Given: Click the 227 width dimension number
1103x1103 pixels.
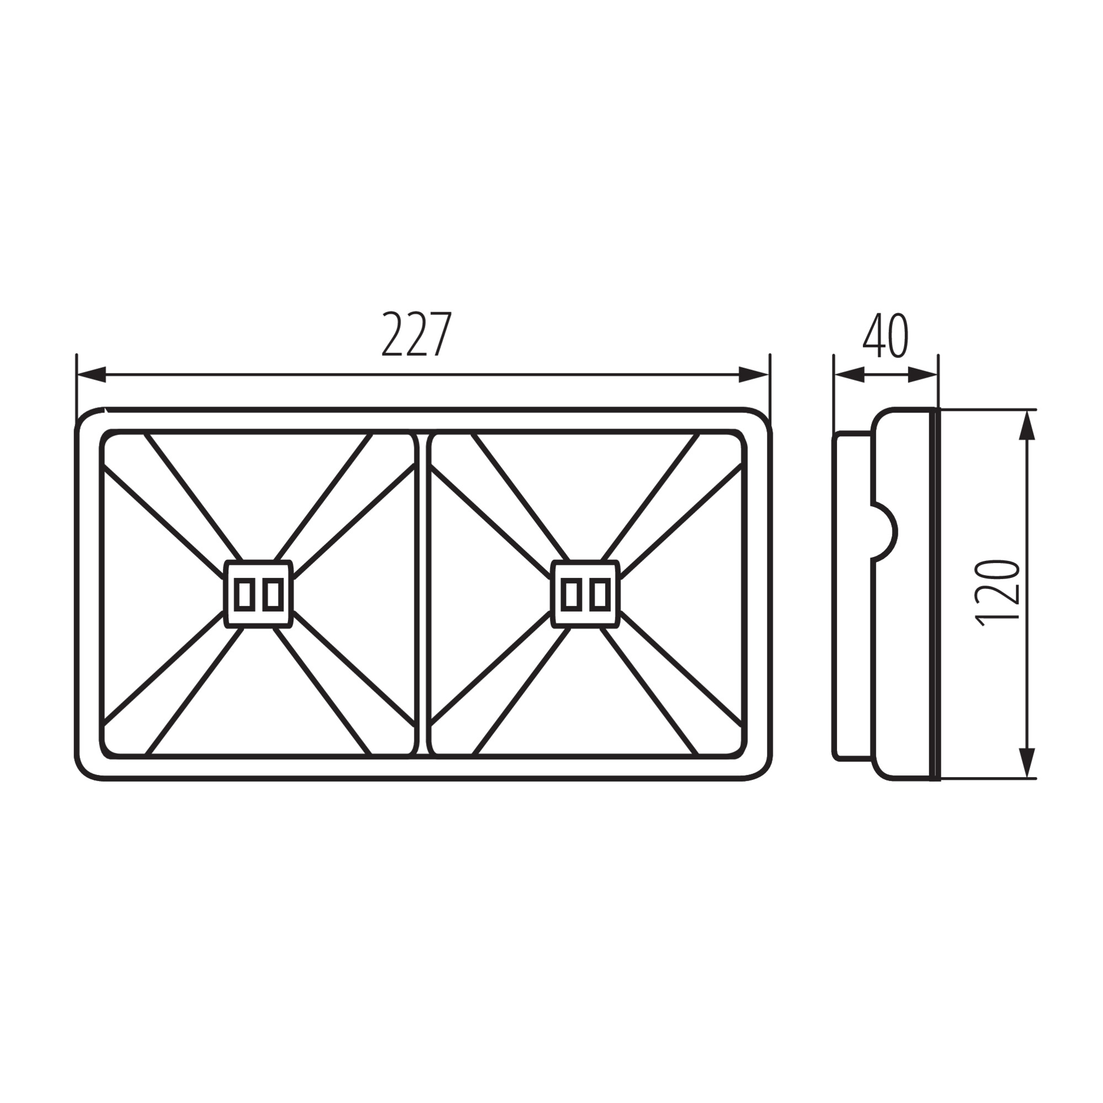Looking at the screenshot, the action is pos(417,334).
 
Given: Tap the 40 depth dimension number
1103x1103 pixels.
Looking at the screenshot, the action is pos(886,335).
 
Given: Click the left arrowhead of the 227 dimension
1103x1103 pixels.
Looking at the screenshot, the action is pos(92,374).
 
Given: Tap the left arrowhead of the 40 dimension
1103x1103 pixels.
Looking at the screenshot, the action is pos(849,375).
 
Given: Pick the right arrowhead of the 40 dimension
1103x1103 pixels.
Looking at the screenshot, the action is pos(923,375).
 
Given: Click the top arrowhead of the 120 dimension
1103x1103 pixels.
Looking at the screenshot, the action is pos(1027,425).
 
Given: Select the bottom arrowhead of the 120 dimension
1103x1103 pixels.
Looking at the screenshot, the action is pos(1027,763).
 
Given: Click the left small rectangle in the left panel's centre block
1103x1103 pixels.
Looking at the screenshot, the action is pos(244,594).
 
